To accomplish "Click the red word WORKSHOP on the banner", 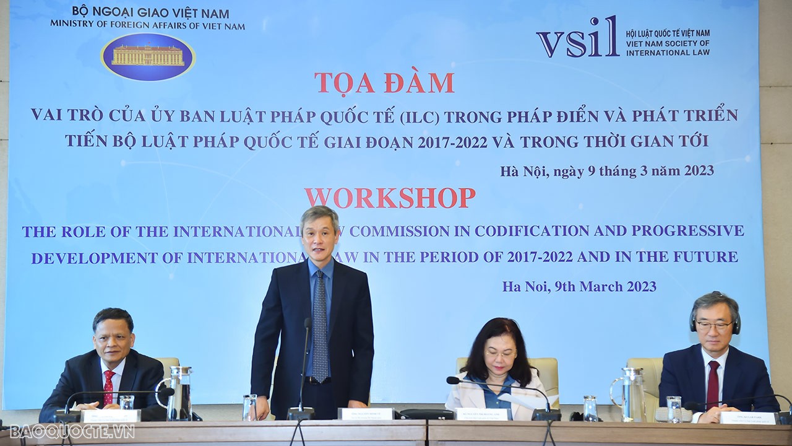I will coord(390,198).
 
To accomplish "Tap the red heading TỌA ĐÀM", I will coord(384,82).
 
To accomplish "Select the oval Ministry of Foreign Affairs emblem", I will coord(148,57).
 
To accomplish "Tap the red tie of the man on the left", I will coord(109,386).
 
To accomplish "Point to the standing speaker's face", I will coord(319,236).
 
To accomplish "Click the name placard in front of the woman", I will coord(483,414).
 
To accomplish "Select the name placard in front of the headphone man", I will coord(747,418).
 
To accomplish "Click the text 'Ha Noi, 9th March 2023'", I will coord(579,286).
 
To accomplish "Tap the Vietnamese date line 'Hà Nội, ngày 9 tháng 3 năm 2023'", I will coord(607,171).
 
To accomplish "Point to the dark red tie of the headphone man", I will coord(713,384).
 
